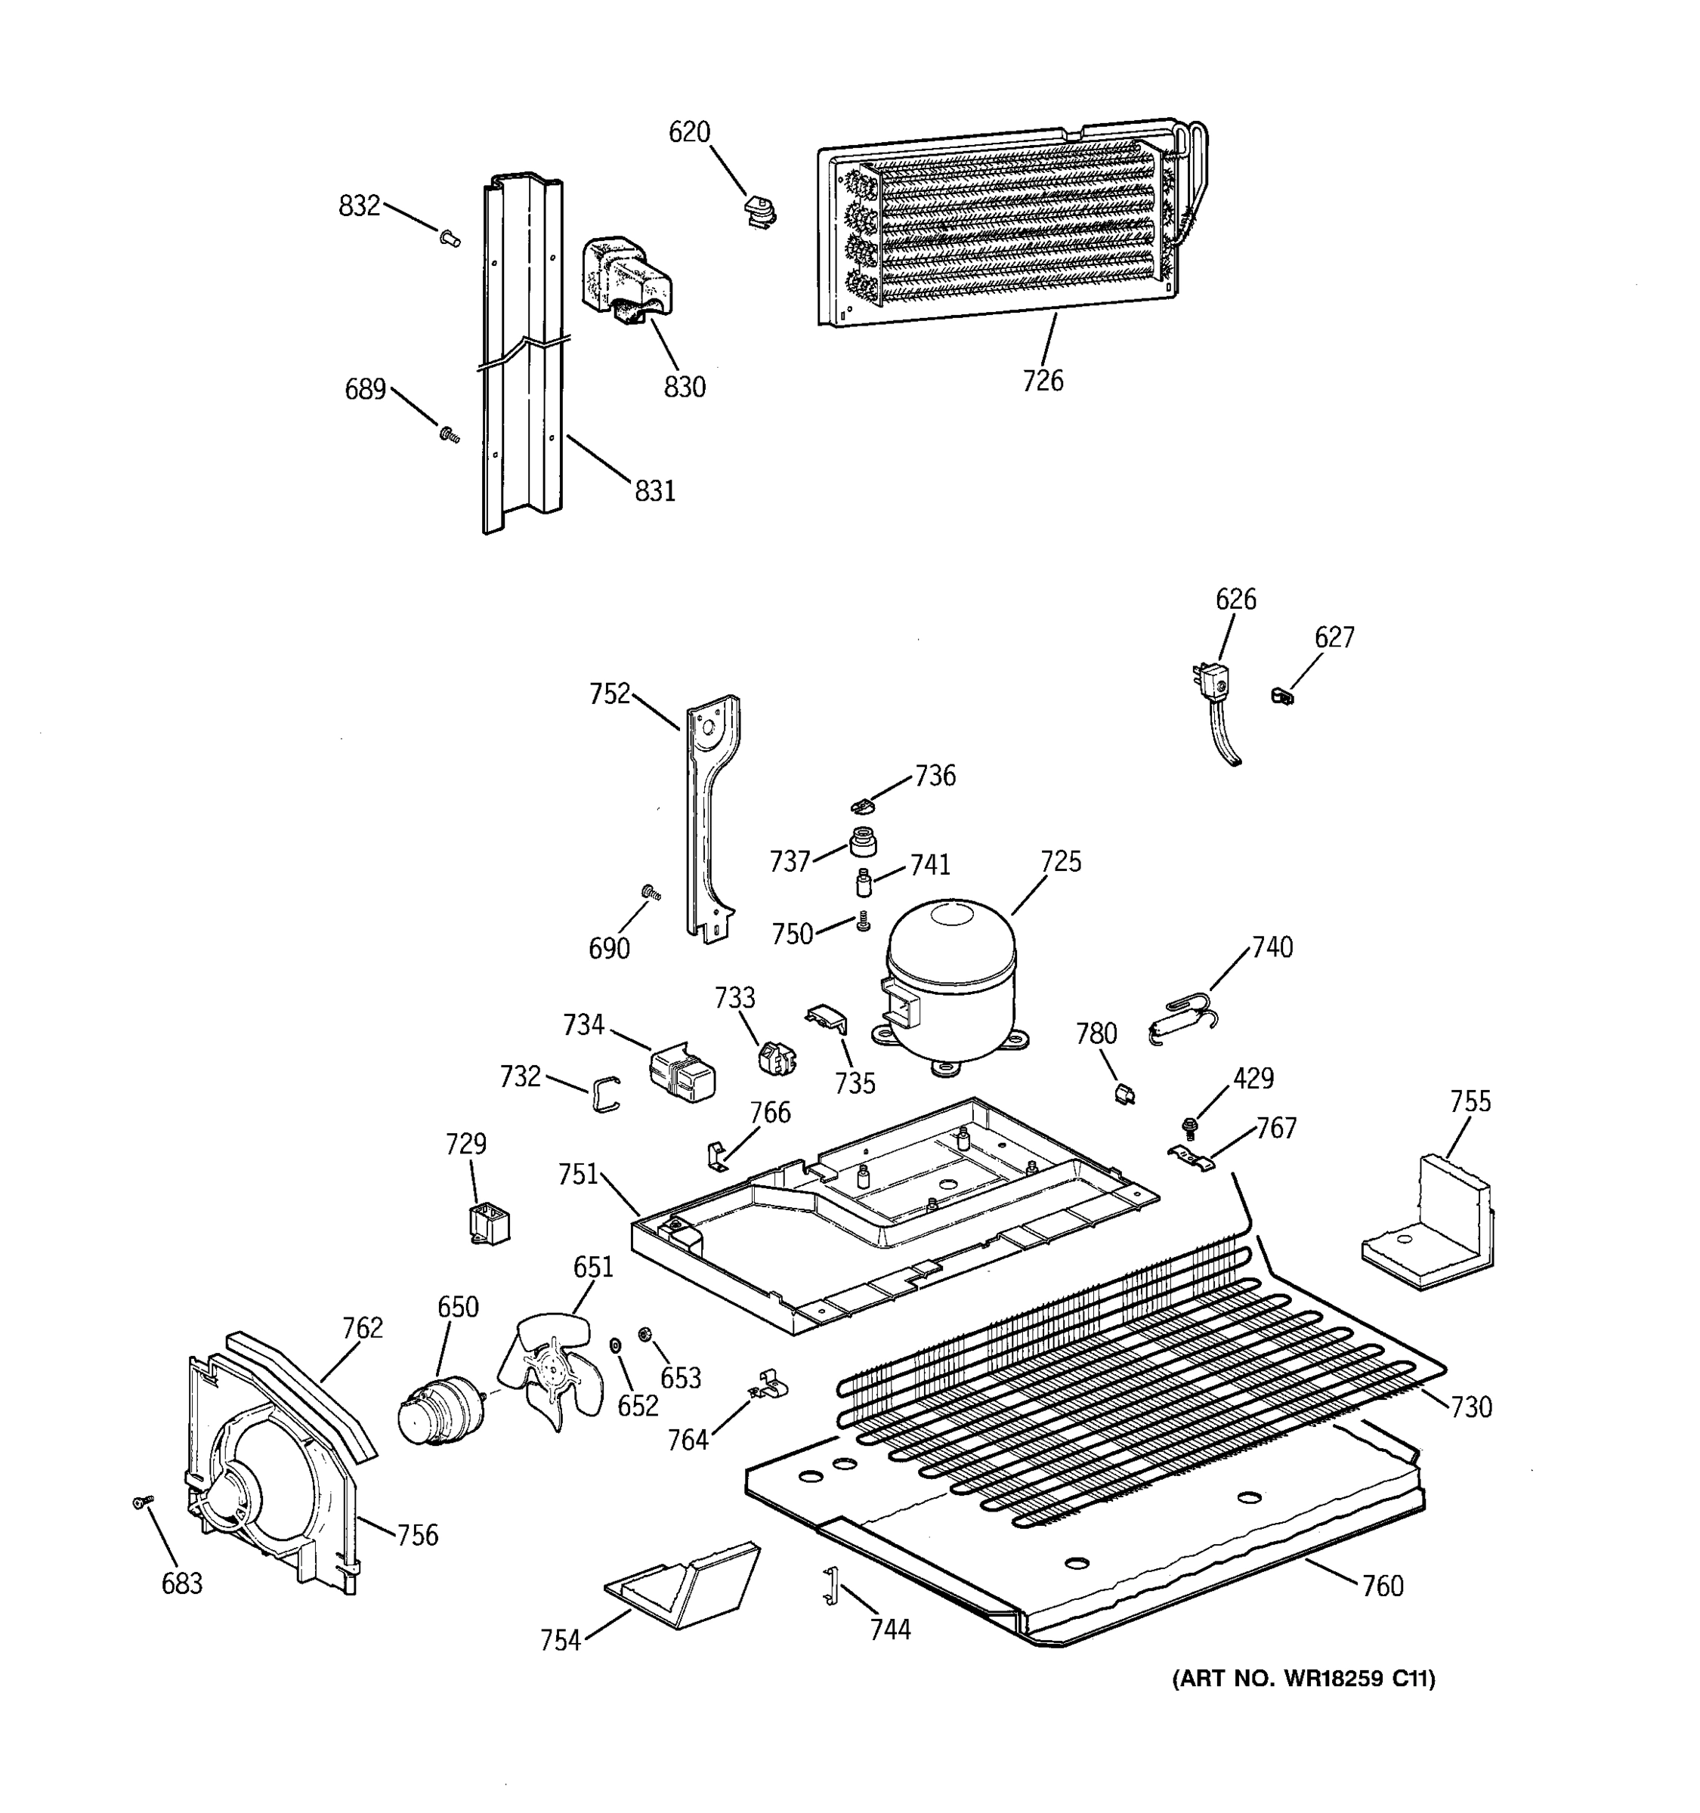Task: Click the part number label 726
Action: point(1043,380)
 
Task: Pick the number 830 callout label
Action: point(684,388)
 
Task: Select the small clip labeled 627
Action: point(1282,696)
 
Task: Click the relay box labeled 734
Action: point(682,1073)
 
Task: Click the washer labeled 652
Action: point(615,1346)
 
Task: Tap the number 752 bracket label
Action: point(609,694)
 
